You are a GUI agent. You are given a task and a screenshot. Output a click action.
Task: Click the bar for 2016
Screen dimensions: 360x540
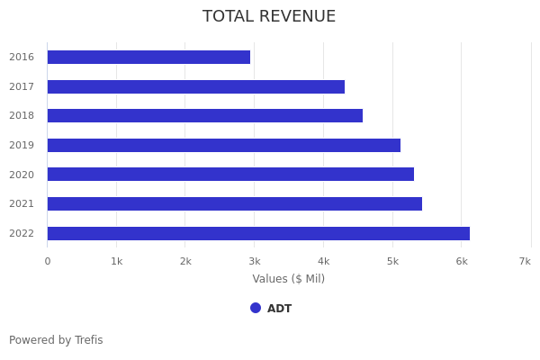(x=148, y=57)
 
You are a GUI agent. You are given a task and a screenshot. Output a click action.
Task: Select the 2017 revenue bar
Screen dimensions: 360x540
(x=196, y=86)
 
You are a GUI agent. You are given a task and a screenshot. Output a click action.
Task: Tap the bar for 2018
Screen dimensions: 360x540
(x=205, y=116)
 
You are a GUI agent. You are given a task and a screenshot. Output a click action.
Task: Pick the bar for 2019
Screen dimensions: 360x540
(x=224, y=145)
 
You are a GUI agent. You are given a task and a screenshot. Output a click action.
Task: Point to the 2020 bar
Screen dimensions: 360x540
(x=230, y=175)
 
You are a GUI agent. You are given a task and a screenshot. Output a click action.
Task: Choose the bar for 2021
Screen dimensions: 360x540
(x=235, y=203)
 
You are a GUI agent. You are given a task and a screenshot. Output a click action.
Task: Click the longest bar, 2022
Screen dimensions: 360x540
(x=258, y=233)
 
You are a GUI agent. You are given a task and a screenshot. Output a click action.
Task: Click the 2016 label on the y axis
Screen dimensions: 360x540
(x=22, y=57)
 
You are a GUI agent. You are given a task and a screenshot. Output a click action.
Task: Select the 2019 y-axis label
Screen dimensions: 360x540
(x=22, y=145)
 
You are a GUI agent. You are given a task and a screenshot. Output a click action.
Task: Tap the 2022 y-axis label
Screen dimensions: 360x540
(x=22, y=233)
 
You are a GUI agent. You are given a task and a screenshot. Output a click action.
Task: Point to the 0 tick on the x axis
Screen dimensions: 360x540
(x=48, y=261)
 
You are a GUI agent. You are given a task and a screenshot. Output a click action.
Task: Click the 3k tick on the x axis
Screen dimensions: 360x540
(x=255, y=261)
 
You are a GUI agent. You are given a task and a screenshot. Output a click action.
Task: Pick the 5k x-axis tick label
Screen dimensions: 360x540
(x=392, y=261)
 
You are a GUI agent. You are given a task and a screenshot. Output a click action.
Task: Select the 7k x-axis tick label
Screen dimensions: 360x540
(x=525, y=261)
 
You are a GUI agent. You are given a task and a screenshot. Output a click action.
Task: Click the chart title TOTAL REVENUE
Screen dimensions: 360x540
(x=269, y=17)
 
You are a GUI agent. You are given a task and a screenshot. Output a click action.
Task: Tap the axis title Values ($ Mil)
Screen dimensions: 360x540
(x=289, y=279)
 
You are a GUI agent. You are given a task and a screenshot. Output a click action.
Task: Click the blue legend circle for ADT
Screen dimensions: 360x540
(x=256, y=308)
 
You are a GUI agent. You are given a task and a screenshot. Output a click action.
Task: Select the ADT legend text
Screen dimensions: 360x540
(x=280, y=309)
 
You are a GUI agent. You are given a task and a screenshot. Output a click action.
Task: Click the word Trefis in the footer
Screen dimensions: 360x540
(x=88, y=340)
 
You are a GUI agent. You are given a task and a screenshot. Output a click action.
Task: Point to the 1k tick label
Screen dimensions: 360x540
(x=116, y=261)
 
